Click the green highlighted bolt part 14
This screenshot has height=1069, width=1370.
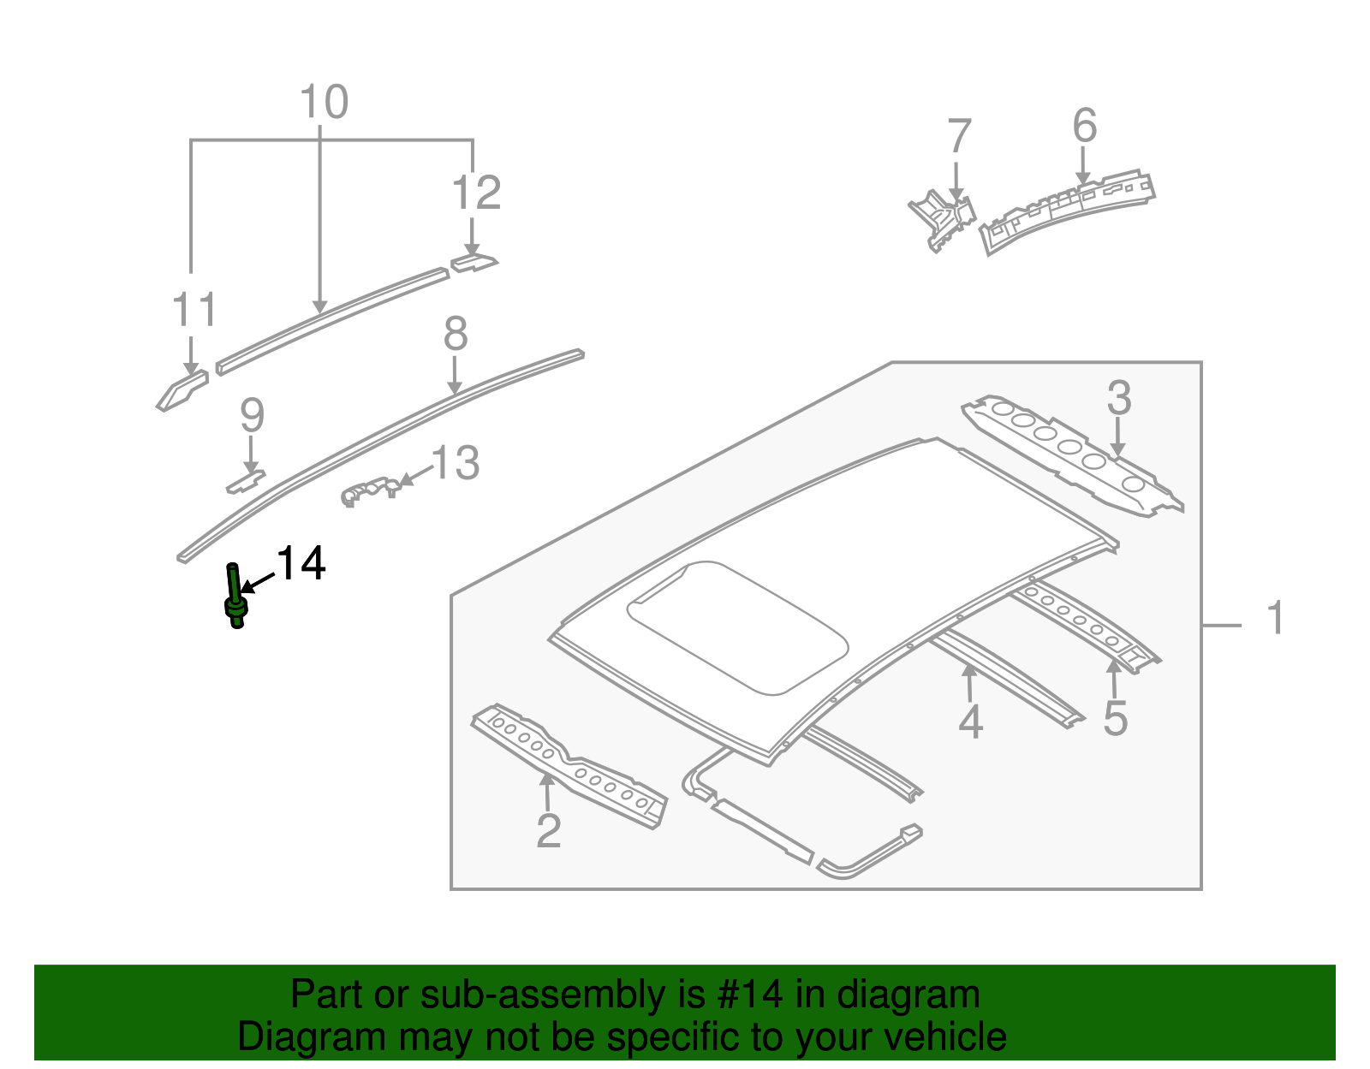pos(235,599)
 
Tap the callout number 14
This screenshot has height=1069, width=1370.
pos(301,564)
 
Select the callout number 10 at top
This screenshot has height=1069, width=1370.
pos(324,103)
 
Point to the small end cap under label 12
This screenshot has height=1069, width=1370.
pos(473,263)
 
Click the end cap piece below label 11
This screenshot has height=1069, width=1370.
pos(182,390)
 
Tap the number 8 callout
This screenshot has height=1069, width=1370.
pos(456,334)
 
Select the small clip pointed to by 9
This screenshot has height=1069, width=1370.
pos(245,481)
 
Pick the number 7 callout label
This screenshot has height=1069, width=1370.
pos(959,137)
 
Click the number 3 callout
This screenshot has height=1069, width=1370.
pos(1119,398)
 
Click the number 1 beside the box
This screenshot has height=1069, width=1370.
pos(1275,618)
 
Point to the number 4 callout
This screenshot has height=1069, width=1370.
pos(970,722)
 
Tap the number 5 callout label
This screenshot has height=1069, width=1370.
pos(1115,717)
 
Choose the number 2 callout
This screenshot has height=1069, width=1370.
pos(548,830)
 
